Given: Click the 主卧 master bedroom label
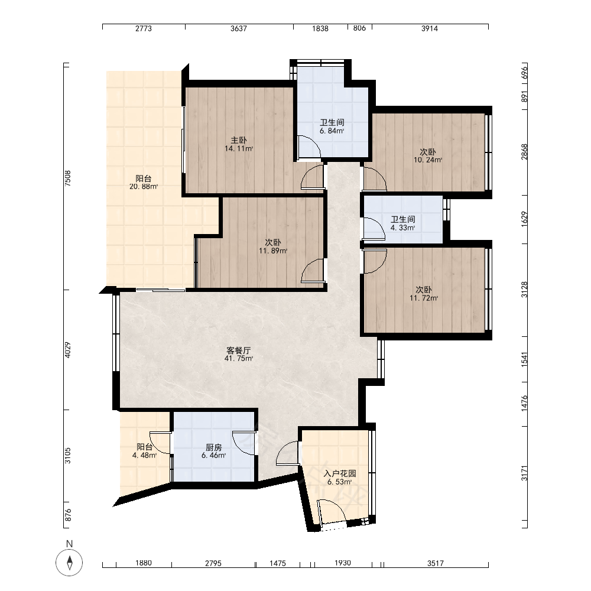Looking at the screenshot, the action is tap(239, 141).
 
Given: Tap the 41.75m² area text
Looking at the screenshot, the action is tap(239, 359).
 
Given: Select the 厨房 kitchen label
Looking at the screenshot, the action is tap(214, 447).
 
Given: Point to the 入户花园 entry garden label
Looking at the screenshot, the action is tap(340, 473).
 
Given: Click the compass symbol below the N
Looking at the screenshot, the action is tap(69, 563).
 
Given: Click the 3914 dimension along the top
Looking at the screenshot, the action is tap(430, 28).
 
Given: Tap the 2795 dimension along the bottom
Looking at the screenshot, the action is tap(213, 563).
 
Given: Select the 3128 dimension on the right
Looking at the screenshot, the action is tap(524, 290).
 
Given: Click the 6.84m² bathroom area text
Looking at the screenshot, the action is tap(332, 131).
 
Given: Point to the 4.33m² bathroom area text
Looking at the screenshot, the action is tap(403, 228).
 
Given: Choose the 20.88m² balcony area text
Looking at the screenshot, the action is tap(144, 187).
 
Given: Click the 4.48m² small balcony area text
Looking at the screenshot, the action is tap(144, 455).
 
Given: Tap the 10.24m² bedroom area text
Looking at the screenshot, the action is tap(428, 160).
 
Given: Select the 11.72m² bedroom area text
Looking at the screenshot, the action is tap(424, 298).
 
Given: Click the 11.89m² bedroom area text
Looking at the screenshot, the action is tap(273, 251).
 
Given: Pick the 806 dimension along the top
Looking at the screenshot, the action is tap(359, 28).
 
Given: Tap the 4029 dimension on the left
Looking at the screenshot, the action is tap(68, 350).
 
